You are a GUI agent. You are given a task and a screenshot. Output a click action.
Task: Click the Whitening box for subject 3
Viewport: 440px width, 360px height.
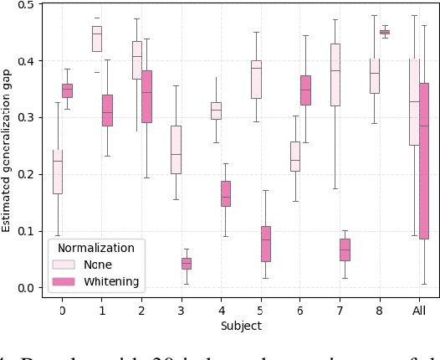(186, 264)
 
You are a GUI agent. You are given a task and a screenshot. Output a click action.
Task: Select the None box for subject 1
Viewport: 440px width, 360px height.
(97, 39)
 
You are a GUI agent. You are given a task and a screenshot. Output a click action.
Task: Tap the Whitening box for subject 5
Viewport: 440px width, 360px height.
(265, 244)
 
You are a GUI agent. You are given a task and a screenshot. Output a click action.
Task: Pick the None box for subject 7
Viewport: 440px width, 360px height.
(335, 75)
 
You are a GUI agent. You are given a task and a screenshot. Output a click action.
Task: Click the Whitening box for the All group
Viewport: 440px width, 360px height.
(424, 161)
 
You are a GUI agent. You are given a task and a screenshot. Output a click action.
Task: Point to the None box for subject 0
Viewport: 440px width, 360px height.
(57, 172)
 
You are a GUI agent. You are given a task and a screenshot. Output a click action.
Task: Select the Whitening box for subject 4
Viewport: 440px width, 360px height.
(226, 193)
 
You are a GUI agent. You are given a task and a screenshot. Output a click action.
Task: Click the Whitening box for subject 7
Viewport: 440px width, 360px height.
(345, 249)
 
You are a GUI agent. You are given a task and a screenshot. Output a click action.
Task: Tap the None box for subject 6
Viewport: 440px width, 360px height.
(295, 157)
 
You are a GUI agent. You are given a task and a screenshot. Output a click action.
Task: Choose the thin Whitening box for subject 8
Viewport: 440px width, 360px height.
(385, 32)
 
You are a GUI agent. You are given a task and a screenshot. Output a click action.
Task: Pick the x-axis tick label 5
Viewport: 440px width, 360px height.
(260, 310)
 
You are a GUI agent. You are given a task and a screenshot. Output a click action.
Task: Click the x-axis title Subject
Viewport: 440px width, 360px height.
(240, 325)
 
